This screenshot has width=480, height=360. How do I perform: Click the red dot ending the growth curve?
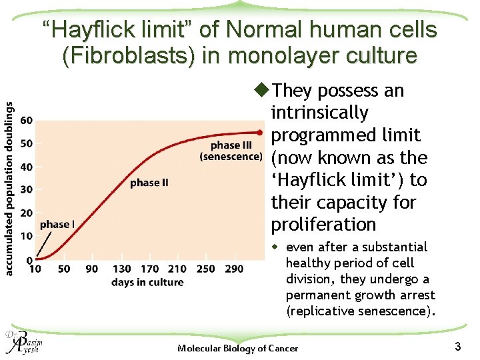pos(260,133)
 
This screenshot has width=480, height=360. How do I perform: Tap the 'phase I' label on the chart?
pos(57,225)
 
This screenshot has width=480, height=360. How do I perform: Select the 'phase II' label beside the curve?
pos(149,183)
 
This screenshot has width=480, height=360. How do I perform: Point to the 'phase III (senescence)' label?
pos(231,151)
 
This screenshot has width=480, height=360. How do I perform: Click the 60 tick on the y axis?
pos(27,121)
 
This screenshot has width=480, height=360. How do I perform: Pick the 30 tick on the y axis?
pos(27,190)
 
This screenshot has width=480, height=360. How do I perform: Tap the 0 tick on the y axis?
pos(29,259)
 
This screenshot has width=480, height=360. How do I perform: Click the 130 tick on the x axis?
pos(122,269)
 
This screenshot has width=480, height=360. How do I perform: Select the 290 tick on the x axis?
pos(234,269)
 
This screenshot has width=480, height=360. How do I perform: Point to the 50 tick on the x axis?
pos(63,269)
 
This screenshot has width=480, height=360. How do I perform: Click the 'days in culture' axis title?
pos(147,282)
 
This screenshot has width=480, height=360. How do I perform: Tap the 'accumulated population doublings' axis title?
pos(10,188)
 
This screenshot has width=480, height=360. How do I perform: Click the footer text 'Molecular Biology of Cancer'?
pos(238,349)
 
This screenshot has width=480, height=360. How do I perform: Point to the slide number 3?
pos(457,346)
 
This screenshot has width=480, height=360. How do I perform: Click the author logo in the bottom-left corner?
pos(22,343)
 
